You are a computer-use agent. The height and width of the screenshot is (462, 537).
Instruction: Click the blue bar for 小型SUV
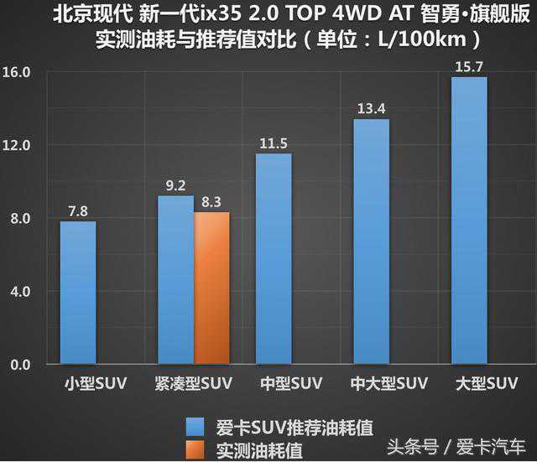tap(78, 293)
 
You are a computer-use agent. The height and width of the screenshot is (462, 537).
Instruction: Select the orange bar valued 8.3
tap(211, 288)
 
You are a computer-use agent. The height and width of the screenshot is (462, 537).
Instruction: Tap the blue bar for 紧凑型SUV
tap(175, 280)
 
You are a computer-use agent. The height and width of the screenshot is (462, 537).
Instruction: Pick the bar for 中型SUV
tap(274, 259)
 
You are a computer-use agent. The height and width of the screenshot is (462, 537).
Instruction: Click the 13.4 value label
tap(371, 107)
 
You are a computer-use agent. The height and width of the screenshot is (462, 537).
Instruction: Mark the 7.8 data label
tap(78, 210)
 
